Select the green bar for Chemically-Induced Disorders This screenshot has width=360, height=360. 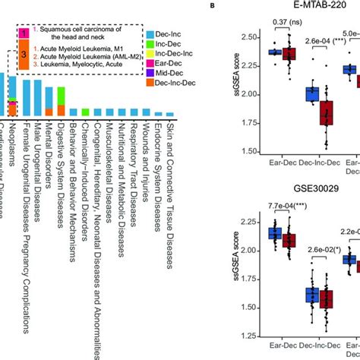(84, 112)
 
